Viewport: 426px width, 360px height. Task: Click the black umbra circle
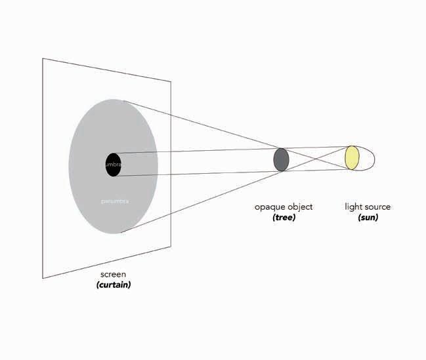click(x=113, y=164)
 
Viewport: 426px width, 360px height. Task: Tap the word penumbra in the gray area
click(x=115, y=201)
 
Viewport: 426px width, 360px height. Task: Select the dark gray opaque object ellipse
click(x=281, y=160)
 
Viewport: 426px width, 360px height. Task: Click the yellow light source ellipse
click(x=352, y=158)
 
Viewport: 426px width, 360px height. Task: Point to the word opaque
click(x=269, y=207)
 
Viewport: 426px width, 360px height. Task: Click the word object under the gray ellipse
click(x=299, y=207)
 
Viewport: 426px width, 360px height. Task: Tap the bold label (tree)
click(x=284, y=217)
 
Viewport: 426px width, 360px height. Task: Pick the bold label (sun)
click(x=368, y=217)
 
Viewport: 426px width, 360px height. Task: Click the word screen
click(x=113, y=274)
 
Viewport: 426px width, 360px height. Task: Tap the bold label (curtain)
click(x=113, y=285)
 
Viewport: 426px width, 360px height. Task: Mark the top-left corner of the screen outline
click(x=43, y=58)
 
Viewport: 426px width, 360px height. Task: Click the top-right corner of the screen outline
click(x=171, y=81)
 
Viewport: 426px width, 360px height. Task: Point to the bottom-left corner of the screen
click(x=43, y=279)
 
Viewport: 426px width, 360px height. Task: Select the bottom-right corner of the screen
click(x=171, y=247)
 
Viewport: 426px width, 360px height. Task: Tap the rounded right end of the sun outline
click(x=375, y=158)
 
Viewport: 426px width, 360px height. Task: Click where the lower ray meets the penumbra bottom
click(x=121, y=232)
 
